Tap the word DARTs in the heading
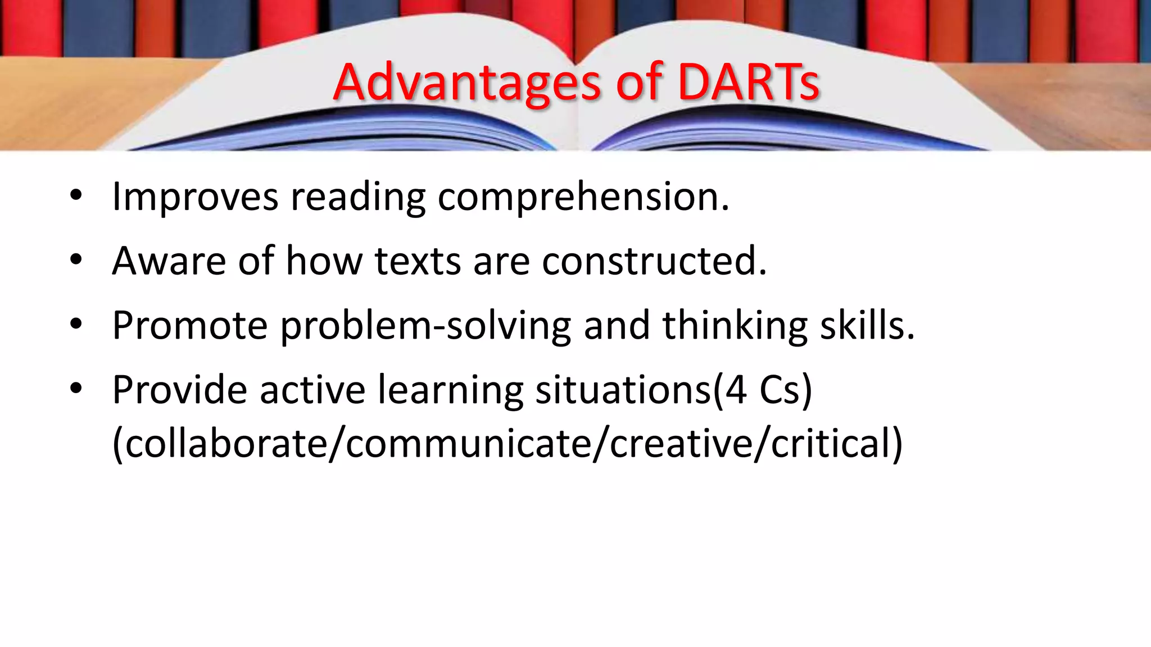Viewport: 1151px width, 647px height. click(748, 83)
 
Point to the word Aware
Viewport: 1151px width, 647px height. click(169, 261)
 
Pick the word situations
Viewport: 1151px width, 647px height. click(623, 390)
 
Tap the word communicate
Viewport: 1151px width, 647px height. click(469, 444)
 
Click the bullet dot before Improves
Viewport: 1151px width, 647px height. click(76, 196)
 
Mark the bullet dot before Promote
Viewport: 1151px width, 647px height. click(76, 324)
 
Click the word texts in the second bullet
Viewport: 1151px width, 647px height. click(418, 261)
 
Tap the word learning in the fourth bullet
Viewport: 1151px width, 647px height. click(450, 390)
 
